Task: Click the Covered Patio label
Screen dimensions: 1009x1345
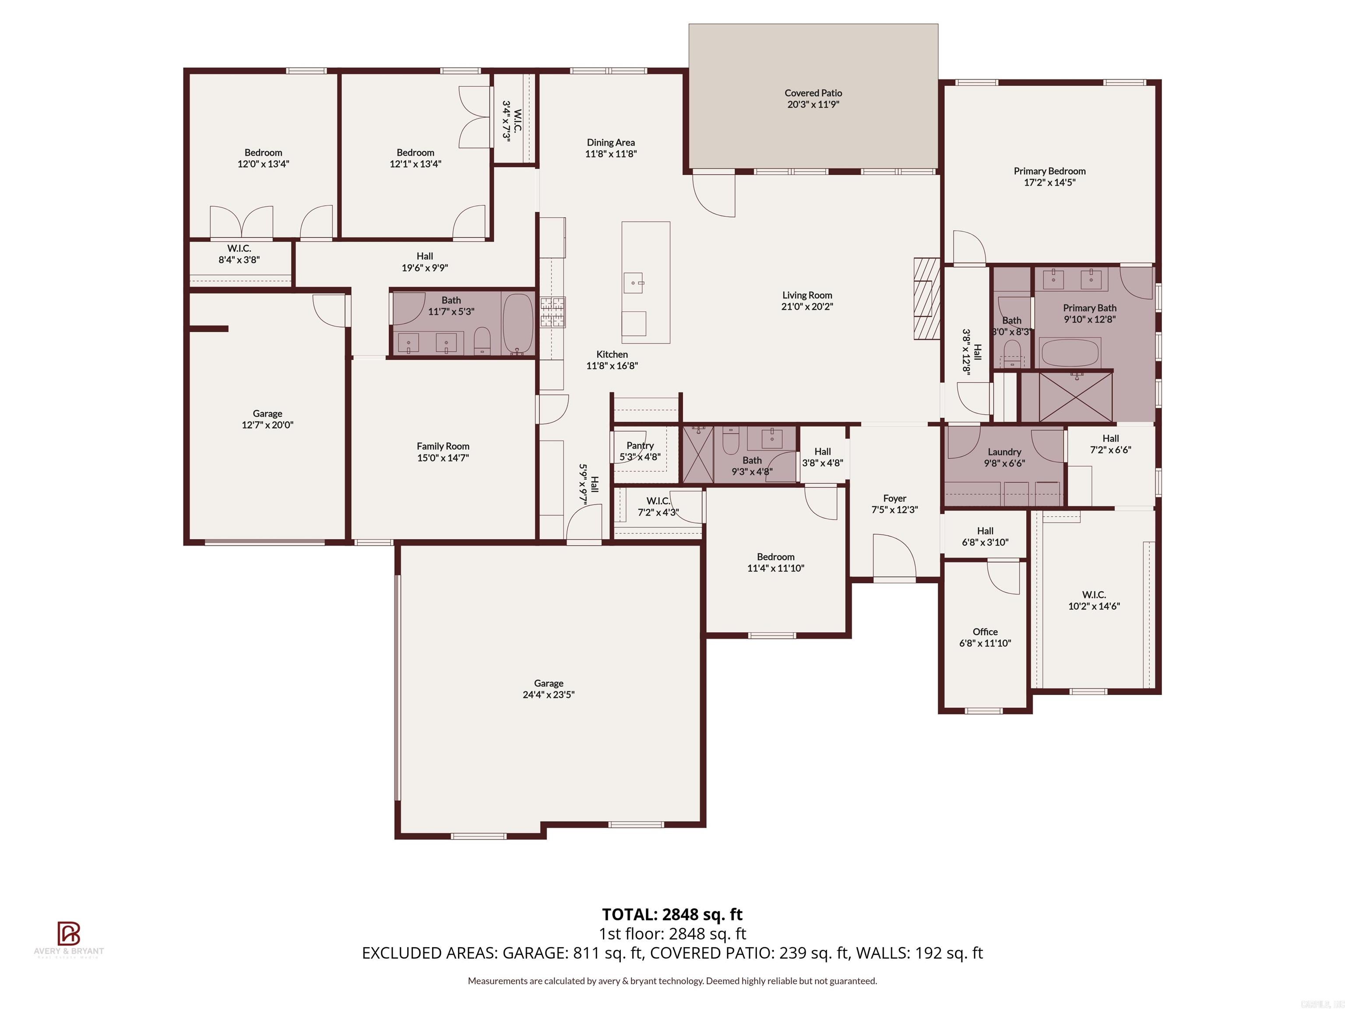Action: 813,93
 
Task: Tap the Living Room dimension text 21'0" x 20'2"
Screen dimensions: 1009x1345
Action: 807,307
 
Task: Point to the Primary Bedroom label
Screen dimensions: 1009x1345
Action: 1049,171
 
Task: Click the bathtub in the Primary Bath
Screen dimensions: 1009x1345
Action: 1070,353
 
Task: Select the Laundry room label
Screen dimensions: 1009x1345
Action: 1004,452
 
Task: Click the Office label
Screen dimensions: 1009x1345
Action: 985,632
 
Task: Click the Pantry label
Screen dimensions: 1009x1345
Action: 640,445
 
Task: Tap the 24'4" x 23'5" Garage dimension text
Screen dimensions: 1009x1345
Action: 549,695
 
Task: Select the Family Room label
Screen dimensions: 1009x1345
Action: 443,446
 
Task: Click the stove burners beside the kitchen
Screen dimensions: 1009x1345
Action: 552,312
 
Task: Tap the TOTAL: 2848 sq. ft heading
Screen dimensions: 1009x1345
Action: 672,914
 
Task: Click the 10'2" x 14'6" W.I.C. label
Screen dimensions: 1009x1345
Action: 1094,594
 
